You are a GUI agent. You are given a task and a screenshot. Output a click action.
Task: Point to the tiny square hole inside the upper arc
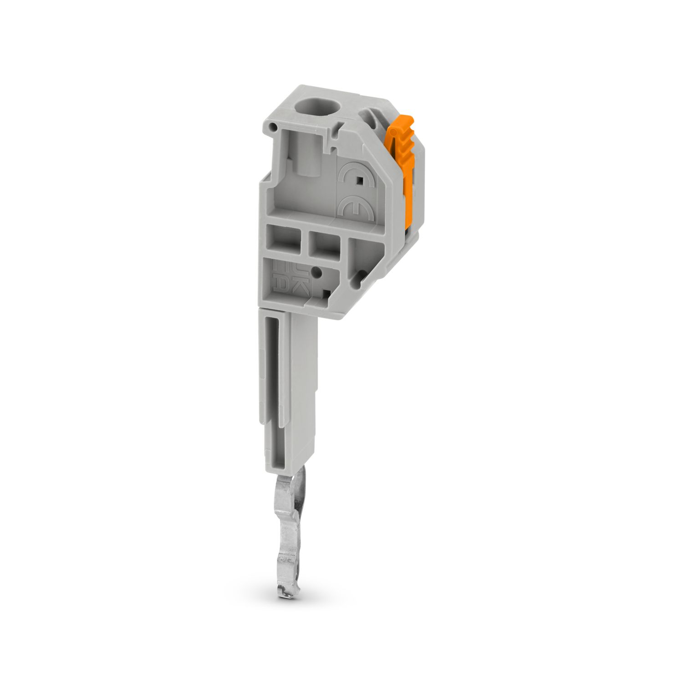point(360,181)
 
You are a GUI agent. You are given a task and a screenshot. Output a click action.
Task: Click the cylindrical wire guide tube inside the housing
point(305,155)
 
